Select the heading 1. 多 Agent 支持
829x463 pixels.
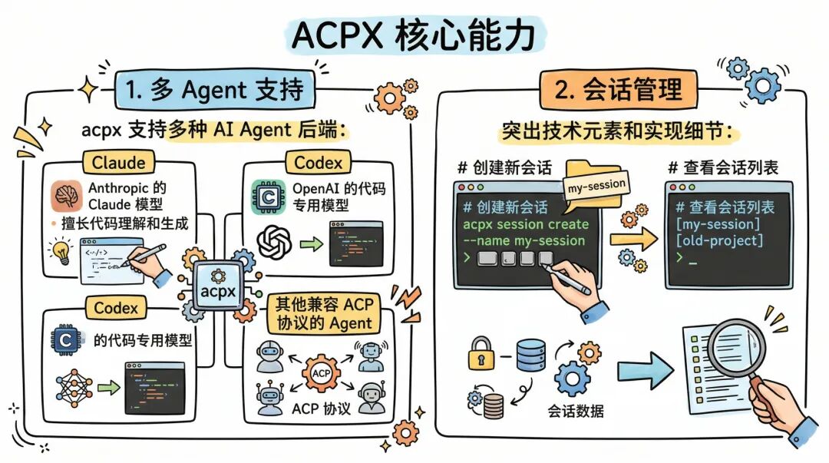pyautogui.click(x=210, y=91)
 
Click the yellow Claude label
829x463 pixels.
pyautogui.click(x=118, y=163)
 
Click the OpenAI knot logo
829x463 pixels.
pyautogui.click(x=274, y=243)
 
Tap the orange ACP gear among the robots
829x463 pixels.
pyautogui.click(x=322, y=373)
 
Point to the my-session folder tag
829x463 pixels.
pyautogui.click(x=595, y=184)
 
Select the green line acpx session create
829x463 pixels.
pyautogui.click(x=526, y=224)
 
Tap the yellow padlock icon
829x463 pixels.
pyautogui.click(x=481, y=355)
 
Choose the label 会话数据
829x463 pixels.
pyautogui.click(x=576, y=411)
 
